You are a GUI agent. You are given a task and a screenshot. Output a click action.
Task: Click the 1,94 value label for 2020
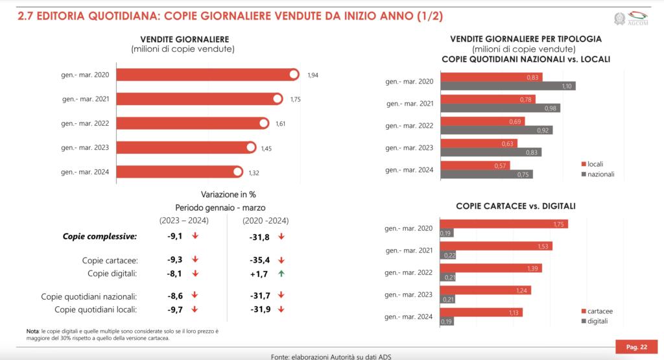pos(313,75)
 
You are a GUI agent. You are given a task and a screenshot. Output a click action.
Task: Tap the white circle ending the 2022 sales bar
pos(263,123)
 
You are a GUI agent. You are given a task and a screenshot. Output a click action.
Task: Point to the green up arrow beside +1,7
pos(281,273)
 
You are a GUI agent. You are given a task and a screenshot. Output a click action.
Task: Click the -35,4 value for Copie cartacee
pos(260,259)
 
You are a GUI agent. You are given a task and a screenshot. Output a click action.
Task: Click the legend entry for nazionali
pos(600,174)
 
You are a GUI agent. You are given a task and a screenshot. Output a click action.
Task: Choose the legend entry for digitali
pos(599,322)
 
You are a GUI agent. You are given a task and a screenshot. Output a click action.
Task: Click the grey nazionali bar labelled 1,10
pos(508,86)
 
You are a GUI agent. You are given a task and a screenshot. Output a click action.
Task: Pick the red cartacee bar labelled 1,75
pos(504,224)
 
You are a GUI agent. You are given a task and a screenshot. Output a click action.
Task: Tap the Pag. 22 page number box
pos(632,347)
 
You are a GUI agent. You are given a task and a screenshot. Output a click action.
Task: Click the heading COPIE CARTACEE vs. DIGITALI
pos(516,206)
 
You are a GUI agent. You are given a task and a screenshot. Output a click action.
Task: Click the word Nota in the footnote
pos(33,331)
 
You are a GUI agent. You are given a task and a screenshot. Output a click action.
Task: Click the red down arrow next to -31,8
pos(281,237)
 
